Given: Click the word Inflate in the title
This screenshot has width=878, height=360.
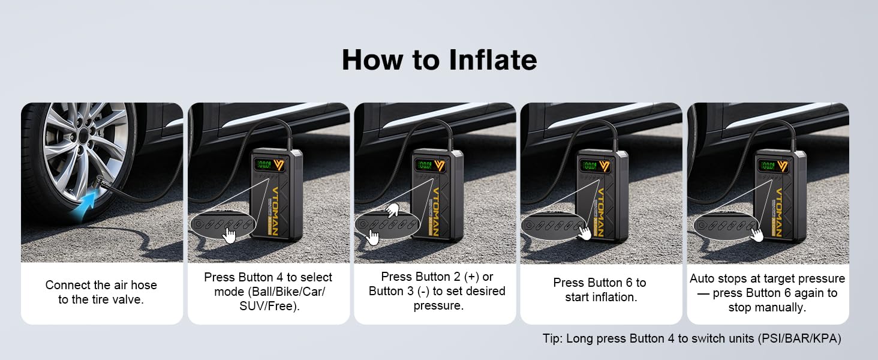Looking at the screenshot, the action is pos(493,59).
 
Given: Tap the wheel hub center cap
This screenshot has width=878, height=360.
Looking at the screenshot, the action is pos(83,136).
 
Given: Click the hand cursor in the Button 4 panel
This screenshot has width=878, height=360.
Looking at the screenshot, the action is pos(229,236).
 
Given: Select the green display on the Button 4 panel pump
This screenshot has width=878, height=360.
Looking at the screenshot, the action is pos(264,165).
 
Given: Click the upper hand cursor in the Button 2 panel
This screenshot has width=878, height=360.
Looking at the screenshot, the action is pos(392,210).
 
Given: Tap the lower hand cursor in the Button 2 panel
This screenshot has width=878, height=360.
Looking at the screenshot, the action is pos(373,238).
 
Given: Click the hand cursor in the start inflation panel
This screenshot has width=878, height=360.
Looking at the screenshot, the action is pos(584,233).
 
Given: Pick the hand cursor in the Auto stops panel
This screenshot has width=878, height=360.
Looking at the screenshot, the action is pos(757,235).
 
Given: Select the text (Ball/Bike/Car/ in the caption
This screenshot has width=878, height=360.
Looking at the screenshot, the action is pos(270,292).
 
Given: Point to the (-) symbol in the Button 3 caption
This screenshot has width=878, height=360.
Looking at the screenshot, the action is pos(423,292).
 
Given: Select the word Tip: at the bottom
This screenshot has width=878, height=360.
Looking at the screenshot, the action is pos(553,338).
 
